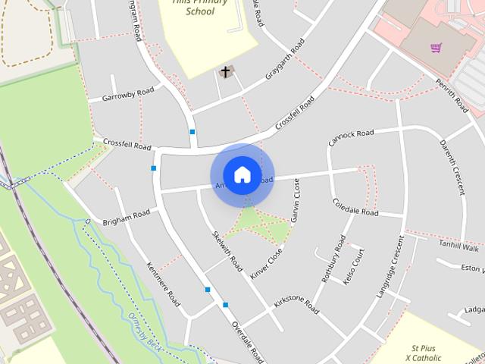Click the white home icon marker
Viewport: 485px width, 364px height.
coord(242,175)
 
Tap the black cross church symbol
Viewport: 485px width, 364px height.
coord(225,72)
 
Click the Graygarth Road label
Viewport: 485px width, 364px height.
coord(284,59)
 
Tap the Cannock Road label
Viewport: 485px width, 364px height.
coord(351,137)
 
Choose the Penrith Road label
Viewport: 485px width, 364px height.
coord(452,96)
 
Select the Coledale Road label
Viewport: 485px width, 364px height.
coord(355,207)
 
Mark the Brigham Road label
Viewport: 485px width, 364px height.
coord(127,218)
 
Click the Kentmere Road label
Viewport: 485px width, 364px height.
coord(163,284)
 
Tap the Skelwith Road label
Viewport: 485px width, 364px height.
coord(227,253)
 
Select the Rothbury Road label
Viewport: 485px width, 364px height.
coord(333,259)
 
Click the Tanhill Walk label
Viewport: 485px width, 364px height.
coord(459,247)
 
